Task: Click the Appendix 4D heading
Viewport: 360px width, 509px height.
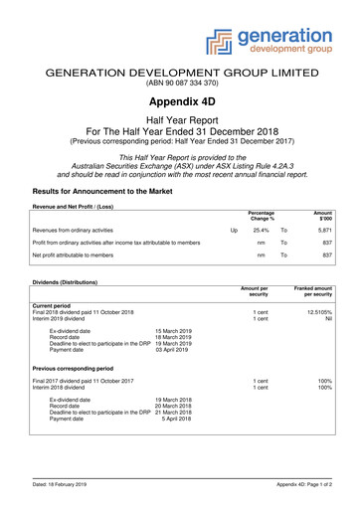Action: pos(179,100)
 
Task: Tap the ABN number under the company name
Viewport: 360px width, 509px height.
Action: pos(179,84)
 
